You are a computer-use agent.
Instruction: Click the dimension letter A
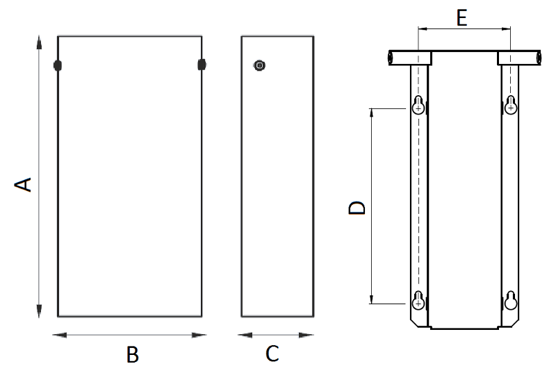pyautogui.click(x=23, y=185)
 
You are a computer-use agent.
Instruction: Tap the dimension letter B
pyautogui.click(x=133, y=354)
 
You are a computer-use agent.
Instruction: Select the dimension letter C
pyautogui.click(x=272, y=354)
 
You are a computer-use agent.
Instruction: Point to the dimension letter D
pyautogui.click(x=357, y=208)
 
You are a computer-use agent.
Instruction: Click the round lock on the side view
pyautogui.click(x=259, y=65)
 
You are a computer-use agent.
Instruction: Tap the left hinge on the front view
pyautogui.click(x=58, y=65)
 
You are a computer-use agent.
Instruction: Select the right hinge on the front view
pyautogui.click(x=202, y=65)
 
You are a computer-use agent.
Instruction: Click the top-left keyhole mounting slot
pyautogui.click(x=418, y=105)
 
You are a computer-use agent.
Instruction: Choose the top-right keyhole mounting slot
pyautogui.click(x=511, y=105)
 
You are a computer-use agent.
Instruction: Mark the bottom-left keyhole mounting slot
pyautogui.click(x=418, y=300)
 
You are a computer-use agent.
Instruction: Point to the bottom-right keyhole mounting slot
pyautogui.click(x=511, y=300)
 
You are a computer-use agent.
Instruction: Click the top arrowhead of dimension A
pyautogui.click(x=39, y=42)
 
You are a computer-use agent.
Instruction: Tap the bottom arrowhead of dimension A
pyautogui.click(x=39, y=310)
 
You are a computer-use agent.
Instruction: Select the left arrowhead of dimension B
pyautogui.click(x=60, y=335)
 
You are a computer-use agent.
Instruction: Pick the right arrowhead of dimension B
pyautogui.click(x=199, y=335)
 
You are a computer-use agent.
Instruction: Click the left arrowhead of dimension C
pyautogui.click(x=245, y=335)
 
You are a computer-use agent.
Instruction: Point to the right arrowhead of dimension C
pyautogui.click(x=306, y=335)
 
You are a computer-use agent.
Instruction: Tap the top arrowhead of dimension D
pyautogui.click(x=372, y=113)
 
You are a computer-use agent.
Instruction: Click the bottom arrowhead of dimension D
pyautogui.click(x=372, y=299)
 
